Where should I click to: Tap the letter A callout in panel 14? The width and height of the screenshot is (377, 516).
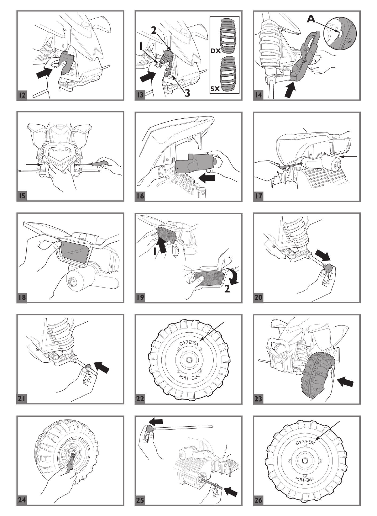tap(311, 20)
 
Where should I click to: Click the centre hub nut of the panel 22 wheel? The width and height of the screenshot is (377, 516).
tap(188, 357)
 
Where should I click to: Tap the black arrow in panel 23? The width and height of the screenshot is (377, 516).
tap(345, 381)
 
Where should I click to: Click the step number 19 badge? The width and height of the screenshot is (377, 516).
tap(140, 297)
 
